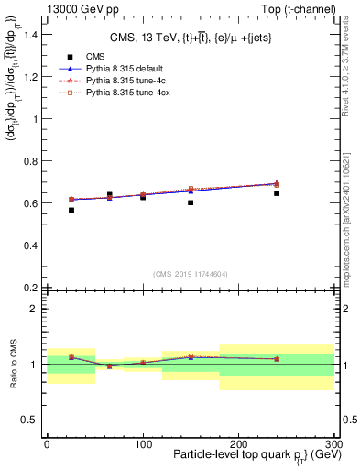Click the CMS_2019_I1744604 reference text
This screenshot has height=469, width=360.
pos(190,274)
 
